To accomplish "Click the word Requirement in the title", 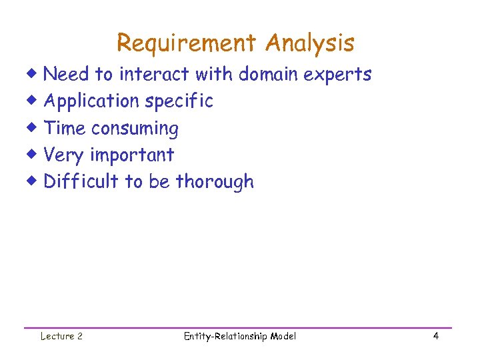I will (186, 44).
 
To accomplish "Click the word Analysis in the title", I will (309, 44).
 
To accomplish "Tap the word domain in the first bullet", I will (269, 74).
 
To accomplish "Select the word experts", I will (337, 75).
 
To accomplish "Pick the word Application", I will (91, 101).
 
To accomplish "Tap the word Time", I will (65, 128).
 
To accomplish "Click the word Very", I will (64, 155).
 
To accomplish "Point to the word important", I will (132, 155).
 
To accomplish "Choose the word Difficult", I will (81, 181).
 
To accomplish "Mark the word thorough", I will (215, 181).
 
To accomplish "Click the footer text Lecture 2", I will (61, 336).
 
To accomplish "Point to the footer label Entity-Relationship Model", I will (239, 336).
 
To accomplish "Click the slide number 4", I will (435, 336).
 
